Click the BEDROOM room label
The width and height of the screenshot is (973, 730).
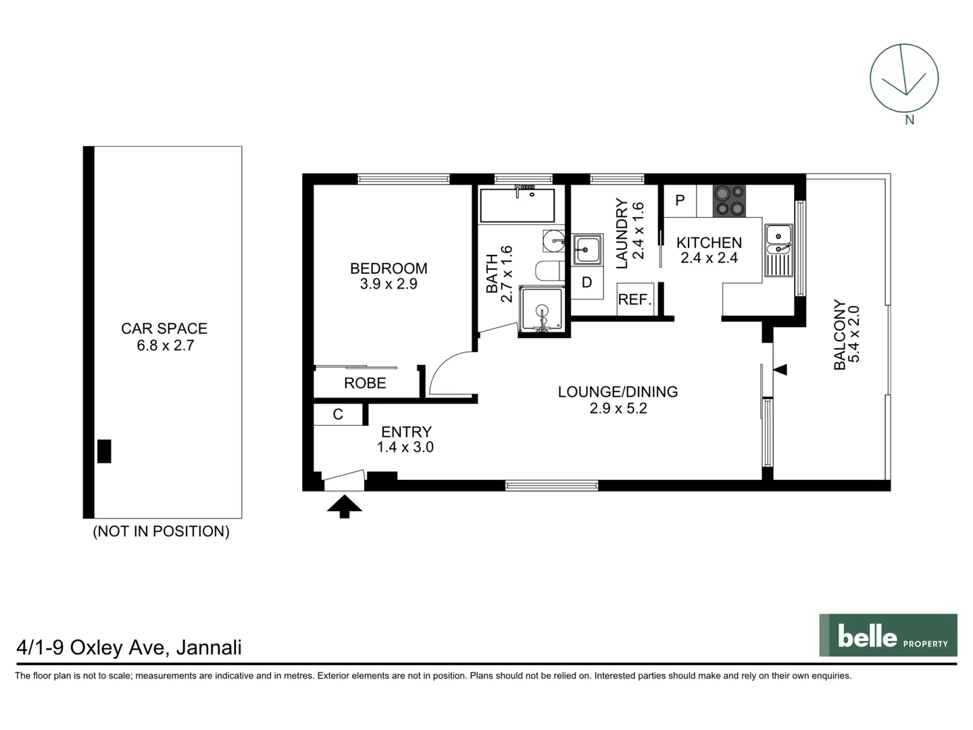click(x=388, y=268)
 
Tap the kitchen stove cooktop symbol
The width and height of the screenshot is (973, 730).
click(x=729, y=201)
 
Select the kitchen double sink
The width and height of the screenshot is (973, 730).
click(x=778, y=251)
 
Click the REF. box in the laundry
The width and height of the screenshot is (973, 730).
click(x=634, y=299)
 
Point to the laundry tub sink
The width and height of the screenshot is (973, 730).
click(x=587, y=249)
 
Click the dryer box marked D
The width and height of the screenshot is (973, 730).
click(x=587, y=283)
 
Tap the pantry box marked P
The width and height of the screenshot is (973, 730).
click(x=680, y=201)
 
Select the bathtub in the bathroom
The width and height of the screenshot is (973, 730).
click(x=517, y=205)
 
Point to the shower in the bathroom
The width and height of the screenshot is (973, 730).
click(x=541, y=310)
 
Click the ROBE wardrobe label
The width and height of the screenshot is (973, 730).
click(x=365, y=383)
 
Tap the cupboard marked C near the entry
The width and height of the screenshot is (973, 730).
click(x=338, y=414)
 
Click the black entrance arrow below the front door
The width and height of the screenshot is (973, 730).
click(x=345, y=506)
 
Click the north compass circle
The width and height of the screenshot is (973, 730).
click(x=903, y=78)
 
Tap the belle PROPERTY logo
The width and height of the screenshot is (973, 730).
click(x=888, y=635)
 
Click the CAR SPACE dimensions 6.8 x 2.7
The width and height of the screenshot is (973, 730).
click(x=165, y=345)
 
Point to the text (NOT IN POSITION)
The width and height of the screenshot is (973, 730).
click(x=161, y=531)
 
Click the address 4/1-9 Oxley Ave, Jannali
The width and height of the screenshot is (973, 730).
click(x=129, y=648)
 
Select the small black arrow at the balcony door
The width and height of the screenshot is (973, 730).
click(x=780, y=370)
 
